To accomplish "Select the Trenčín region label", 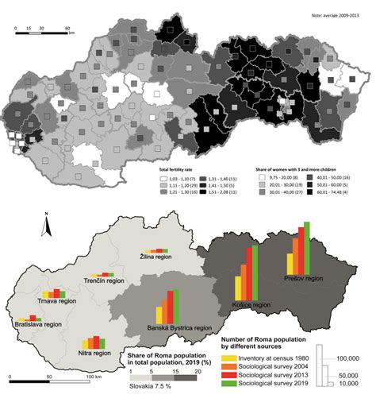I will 105,280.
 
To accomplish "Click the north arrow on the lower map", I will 48,225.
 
